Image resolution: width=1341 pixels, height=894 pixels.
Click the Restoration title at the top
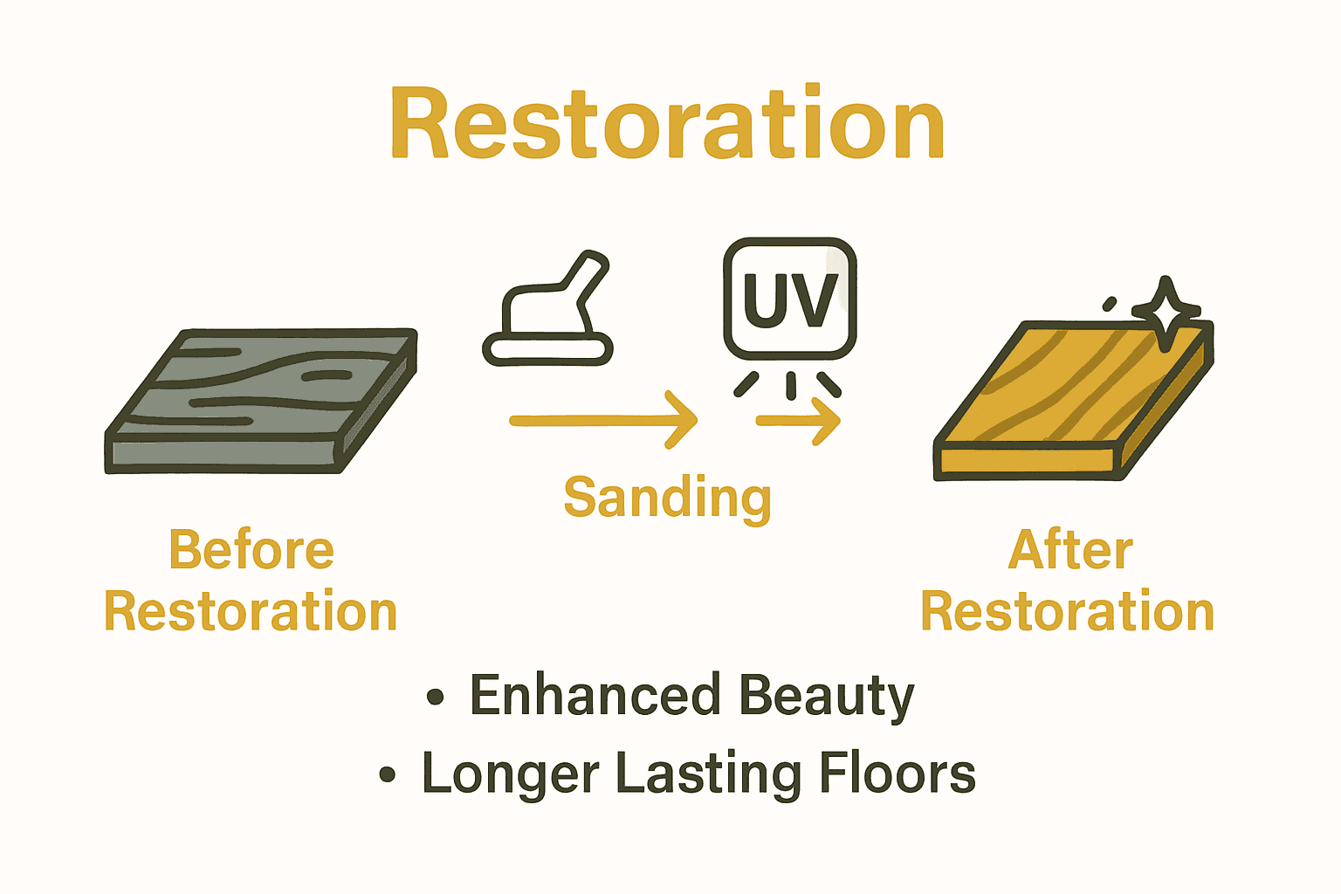pos(668,124)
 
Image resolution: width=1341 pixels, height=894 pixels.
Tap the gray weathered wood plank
pos(262,397)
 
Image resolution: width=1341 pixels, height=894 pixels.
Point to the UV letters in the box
pos(790,300)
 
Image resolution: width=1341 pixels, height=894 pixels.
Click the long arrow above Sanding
pos(602,420)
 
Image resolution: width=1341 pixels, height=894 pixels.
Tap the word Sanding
pos(668,498)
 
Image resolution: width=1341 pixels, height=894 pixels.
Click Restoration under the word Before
pos(251,611)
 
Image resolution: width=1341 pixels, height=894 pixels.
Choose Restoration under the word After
pos(1068,611)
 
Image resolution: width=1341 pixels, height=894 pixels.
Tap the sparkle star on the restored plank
pos(1166,313)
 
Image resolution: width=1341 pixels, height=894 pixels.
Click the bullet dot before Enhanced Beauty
pos(436,697)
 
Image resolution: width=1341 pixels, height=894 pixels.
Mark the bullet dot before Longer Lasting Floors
pos(388,774)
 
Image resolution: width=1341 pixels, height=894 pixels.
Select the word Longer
pos(511,774)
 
